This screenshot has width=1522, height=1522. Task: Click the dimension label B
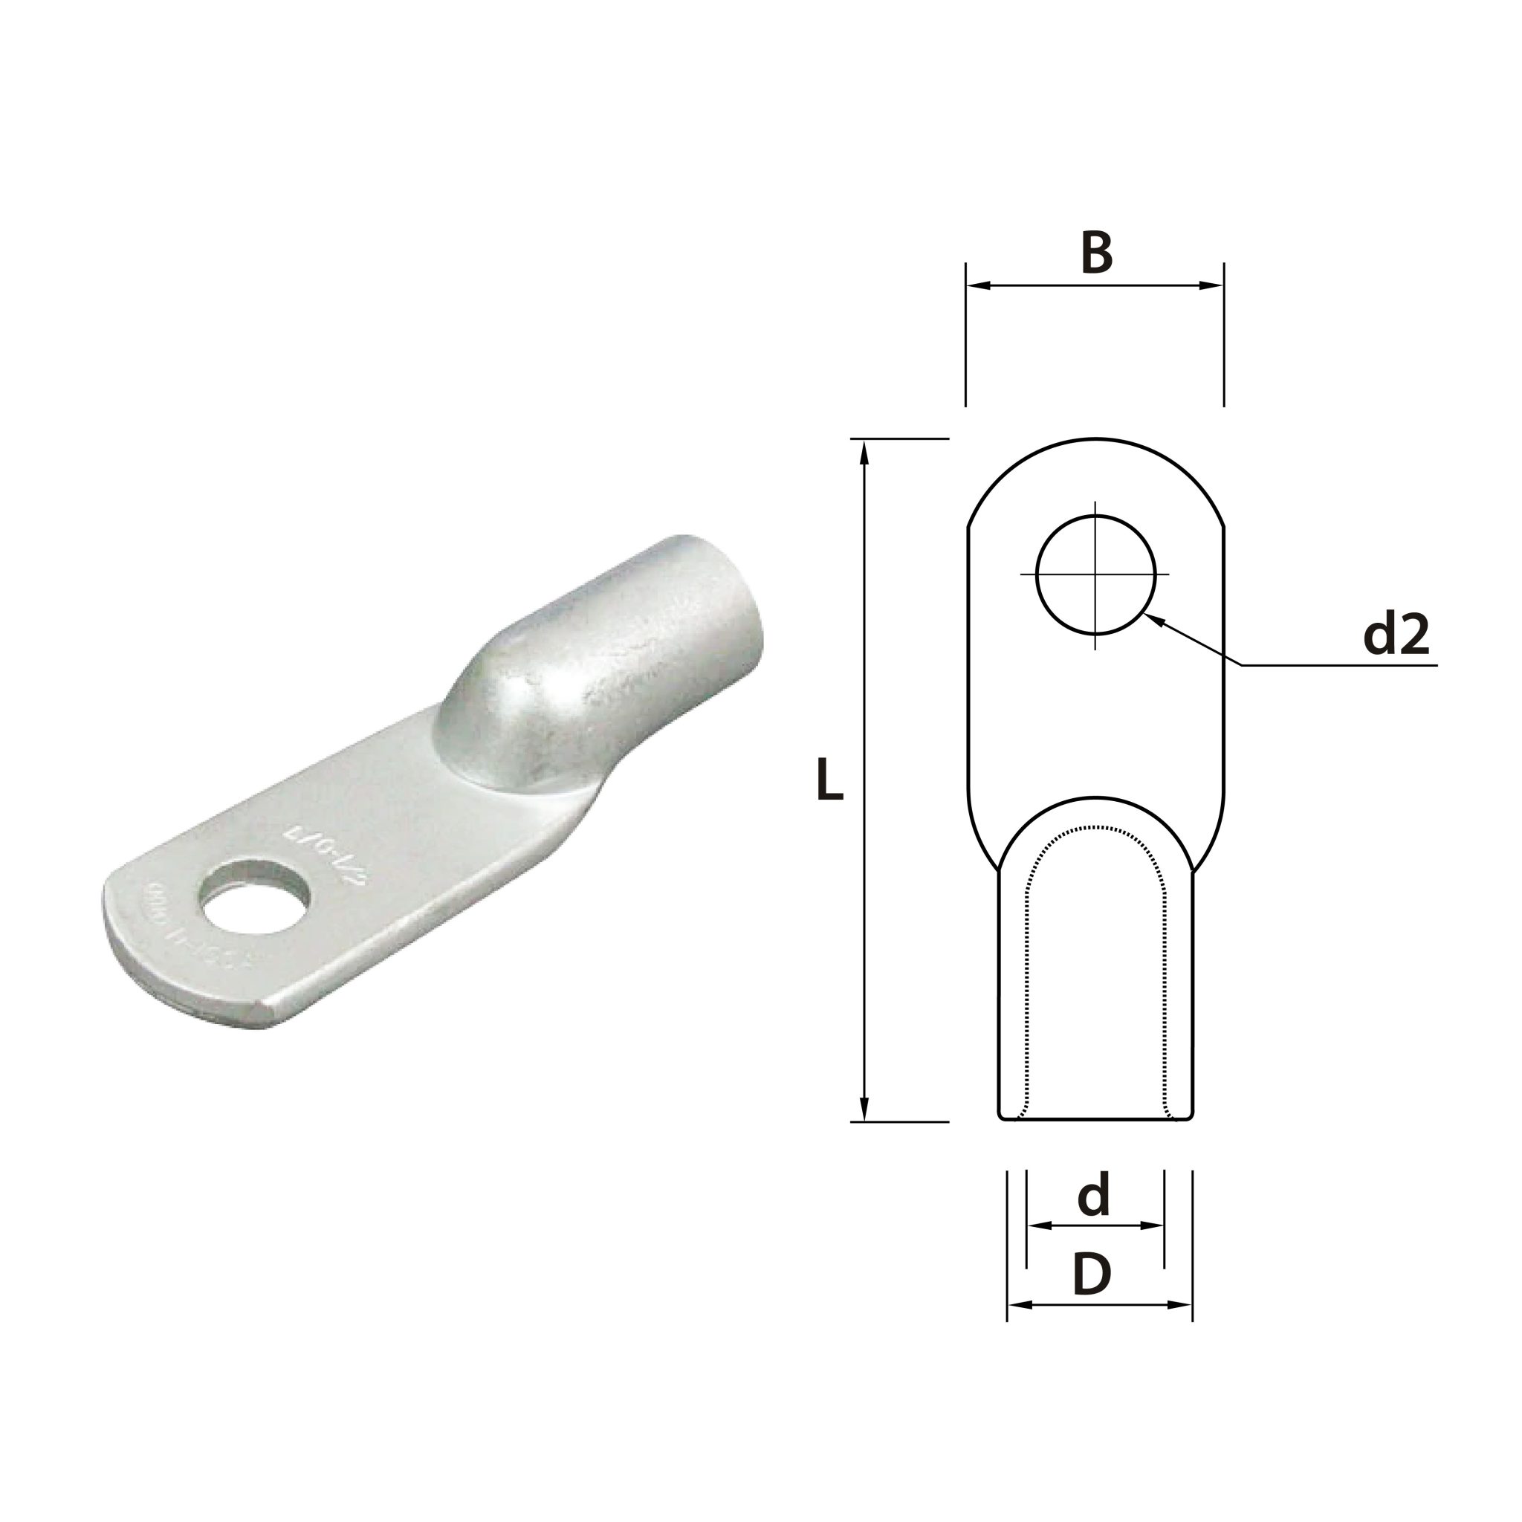point(1097,253)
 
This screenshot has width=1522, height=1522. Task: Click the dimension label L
point(829,780)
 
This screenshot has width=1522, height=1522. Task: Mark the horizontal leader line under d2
point(1339,666)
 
